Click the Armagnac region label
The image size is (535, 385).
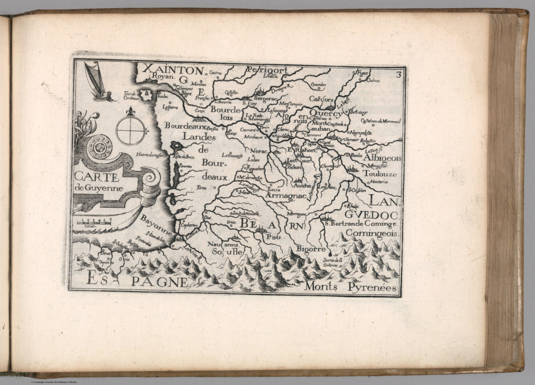click(x=284, y=196)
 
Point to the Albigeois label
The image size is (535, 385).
click(x=382, y=158)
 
